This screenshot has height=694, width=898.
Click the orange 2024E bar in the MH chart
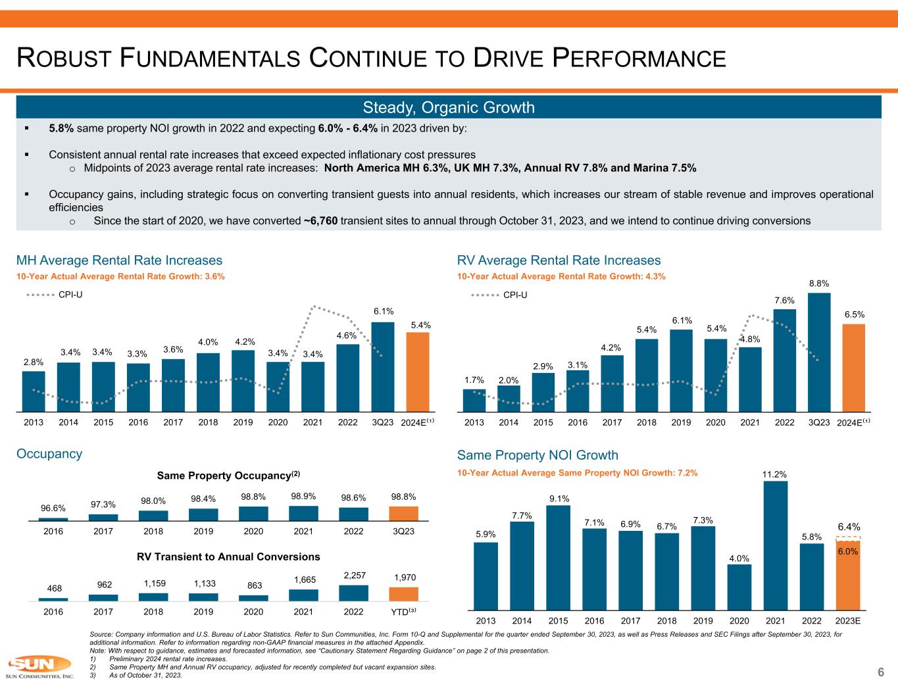tap(417, 371)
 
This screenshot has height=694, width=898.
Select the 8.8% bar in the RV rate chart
tap(819, 351)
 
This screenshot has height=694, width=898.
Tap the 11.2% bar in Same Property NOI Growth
tap(776, 545)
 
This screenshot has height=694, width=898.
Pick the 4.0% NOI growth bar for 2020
tap(739, 587)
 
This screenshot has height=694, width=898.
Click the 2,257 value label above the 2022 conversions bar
tap(353, 576)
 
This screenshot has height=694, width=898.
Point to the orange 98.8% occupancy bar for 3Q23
tap(403, 514)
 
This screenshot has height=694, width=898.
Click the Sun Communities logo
tap(39, 666)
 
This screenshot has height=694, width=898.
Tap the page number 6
tap(880, 672)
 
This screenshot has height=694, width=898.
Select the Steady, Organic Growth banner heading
tap(449, 107)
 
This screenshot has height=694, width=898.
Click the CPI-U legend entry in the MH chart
tap(54, 295)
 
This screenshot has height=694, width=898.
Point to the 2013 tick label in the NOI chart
tap(486, 620)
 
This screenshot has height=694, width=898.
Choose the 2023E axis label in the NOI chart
tap(848, 620)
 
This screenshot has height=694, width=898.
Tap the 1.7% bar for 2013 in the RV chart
tap(474, 399)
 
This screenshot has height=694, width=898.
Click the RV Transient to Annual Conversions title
tap(228, 557)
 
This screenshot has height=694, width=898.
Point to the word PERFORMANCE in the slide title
tap(637, 59)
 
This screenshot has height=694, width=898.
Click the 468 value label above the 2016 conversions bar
tap(53, 587)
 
